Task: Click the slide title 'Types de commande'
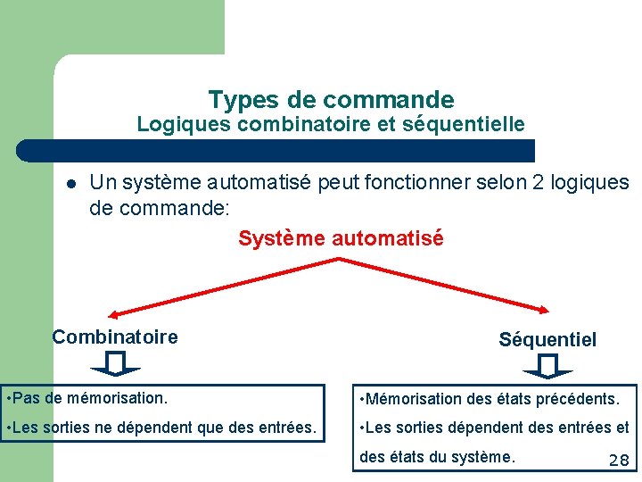[x=331, y=99]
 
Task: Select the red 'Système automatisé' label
[x=341, y=238]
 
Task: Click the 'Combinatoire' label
[x=115, y=337]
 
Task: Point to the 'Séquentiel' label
[x=547, y=339]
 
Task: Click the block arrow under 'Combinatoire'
[x=115, y=364]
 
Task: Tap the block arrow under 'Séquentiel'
[x=547, y=365]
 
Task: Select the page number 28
[x=618, y=461]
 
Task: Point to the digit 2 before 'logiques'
[x=538, y=183]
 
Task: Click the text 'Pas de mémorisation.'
[x=89, y=396]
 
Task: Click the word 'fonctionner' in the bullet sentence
[x=417, y=183]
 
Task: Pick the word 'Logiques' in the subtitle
[x=184, y=124]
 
